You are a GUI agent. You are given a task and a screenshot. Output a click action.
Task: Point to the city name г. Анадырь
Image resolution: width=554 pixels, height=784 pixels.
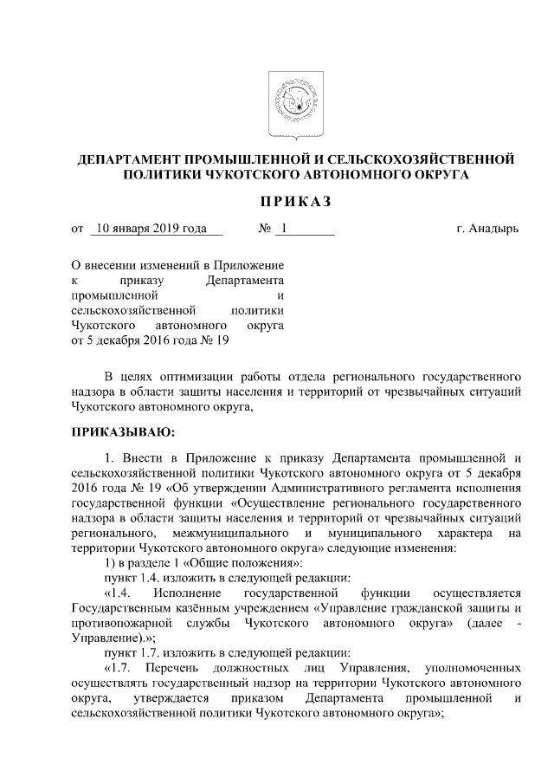pyautogui.click(x=487, y=229)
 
